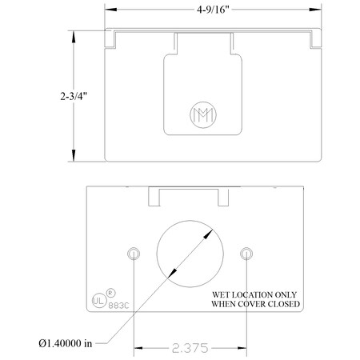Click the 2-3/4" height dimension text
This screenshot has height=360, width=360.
(73, 97)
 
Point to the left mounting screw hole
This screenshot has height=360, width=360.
(134, 254)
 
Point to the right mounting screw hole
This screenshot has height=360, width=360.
(246, 254)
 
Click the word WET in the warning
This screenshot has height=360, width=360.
(220, 294)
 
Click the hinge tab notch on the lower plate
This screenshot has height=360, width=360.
(189, 194)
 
